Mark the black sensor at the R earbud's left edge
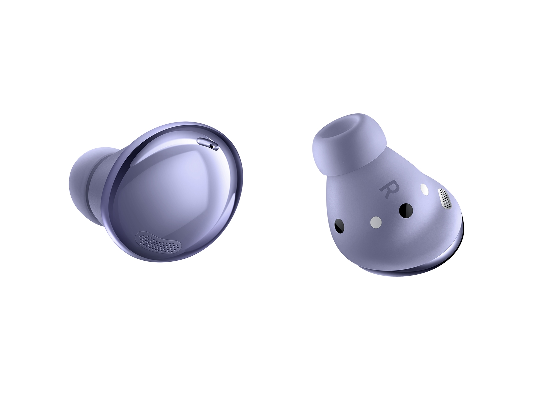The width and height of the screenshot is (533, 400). [x=339, y=226]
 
